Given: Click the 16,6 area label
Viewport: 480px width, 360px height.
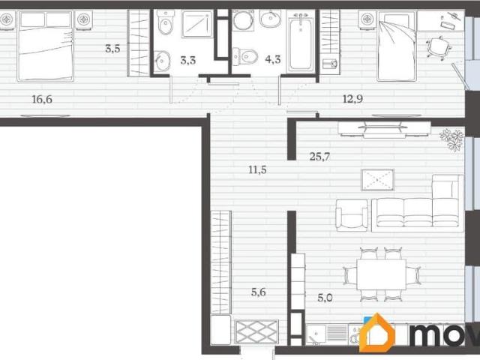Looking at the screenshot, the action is click(42, 99).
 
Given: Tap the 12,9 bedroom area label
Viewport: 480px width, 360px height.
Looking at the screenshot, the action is click(352, 99).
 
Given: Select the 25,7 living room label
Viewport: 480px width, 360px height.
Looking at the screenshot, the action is click(319, 157).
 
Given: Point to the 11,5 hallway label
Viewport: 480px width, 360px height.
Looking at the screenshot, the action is click(257, 169).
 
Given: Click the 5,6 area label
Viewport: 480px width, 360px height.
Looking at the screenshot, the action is click(258, 292).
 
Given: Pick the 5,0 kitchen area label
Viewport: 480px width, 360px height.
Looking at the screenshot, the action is click(325, 298).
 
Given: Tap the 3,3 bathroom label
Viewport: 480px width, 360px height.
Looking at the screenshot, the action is click(188, 60).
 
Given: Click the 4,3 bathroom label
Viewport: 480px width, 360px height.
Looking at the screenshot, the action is click(273, 59).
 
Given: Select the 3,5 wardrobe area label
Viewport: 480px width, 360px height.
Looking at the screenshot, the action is click(112, 48).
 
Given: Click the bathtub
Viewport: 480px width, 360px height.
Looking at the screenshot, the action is click(301, 41).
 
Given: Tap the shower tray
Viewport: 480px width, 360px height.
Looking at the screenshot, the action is click(196, 24).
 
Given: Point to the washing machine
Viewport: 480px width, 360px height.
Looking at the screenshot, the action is click(243, 20).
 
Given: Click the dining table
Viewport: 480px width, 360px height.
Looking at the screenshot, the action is click(382, 274).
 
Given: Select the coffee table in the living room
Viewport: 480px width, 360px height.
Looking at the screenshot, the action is click(378, 180).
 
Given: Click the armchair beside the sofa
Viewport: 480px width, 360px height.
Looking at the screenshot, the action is click(352, 214).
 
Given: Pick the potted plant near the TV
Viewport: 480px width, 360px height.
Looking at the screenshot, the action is click(451, 140).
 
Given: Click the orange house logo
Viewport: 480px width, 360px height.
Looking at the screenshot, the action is click(377, 332).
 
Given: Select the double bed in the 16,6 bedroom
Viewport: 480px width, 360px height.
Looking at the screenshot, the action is click(46, 46).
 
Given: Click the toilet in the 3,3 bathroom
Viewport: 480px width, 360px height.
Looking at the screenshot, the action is click(165, 24).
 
